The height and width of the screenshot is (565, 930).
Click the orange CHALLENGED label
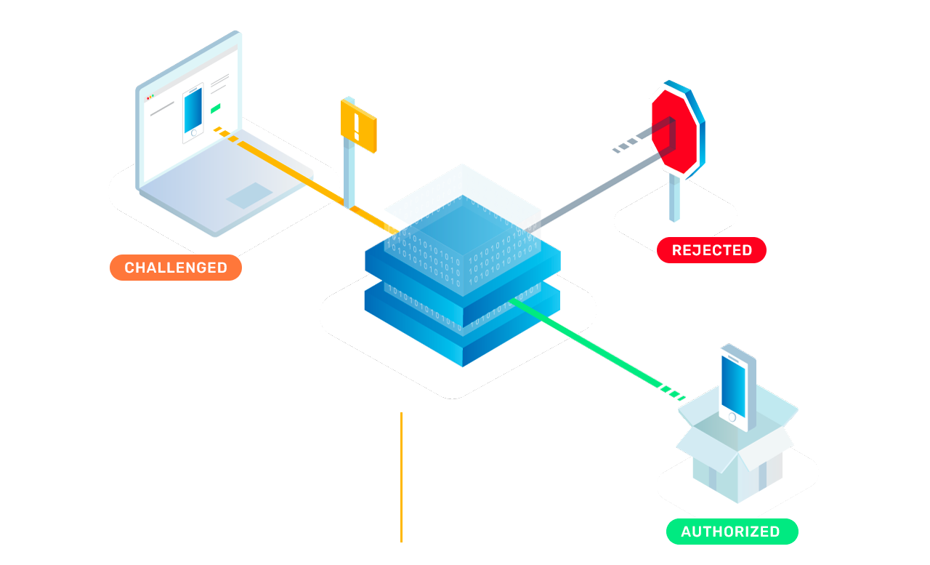[x=176, y=268]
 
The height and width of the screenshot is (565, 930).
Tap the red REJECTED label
[x=711, y=250]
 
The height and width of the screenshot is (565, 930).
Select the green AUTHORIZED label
[x=732, y=532]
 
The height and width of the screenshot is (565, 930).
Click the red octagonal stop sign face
[x=674, y=131]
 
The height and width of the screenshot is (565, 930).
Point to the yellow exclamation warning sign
[x=359, y=126]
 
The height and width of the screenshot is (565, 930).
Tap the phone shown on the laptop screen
[x=193, y=112]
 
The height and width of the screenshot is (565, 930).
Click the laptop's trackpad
[x=249, y=196]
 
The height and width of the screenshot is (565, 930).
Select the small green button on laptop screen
[x=216, y=108]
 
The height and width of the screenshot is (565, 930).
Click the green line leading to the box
[x=598, y=349]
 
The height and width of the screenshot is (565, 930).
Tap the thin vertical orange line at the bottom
[x=402, y=477]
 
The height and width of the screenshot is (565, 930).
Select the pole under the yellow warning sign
[x=349, y=175]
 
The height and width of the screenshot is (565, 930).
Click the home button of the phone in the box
[x=732, y=417]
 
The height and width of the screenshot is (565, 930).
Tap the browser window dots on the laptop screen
[x=150, y=97]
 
